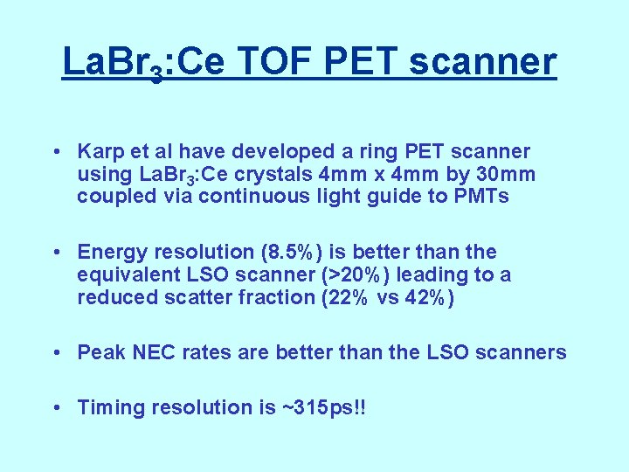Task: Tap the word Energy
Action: click(112, 253)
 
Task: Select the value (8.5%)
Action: click(291, 253)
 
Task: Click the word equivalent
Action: click(127, 275)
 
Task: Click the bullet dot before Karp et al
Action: click(56, 152)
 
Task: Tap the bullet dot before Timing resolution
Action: click(56, 407)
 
